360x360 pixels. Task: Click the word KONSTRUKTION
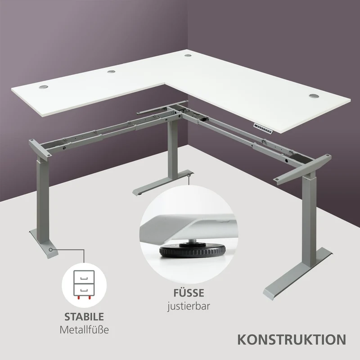[x=292, y=340]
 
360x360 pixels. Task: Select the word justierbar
[x=189, y=306]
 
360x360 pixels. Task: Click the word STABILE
[x=84, y=317]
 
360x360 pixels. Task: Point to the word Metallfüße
[x=84, y=330]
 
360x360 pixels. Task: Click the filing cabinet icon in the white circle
[x=84, y=285]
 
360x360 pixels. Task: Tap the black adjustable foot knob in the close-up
[x=193, y=251]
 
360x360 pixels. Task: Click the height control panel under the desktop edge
[x=263, y=128]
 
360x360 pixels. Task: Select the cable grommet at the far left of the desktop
[x=43, y=87]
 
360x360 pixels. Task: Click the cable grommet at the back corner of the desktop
[x=188, y=55]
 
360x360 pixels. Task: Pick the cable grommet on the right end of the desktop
[x=314, y=96]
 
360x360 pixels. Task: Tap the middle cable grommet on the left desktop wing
[x=112, y=72]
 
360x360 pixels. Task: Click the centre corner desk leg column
[x=173, y=149]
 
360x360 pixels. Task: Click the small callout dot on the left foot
[x=50, y=249]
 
